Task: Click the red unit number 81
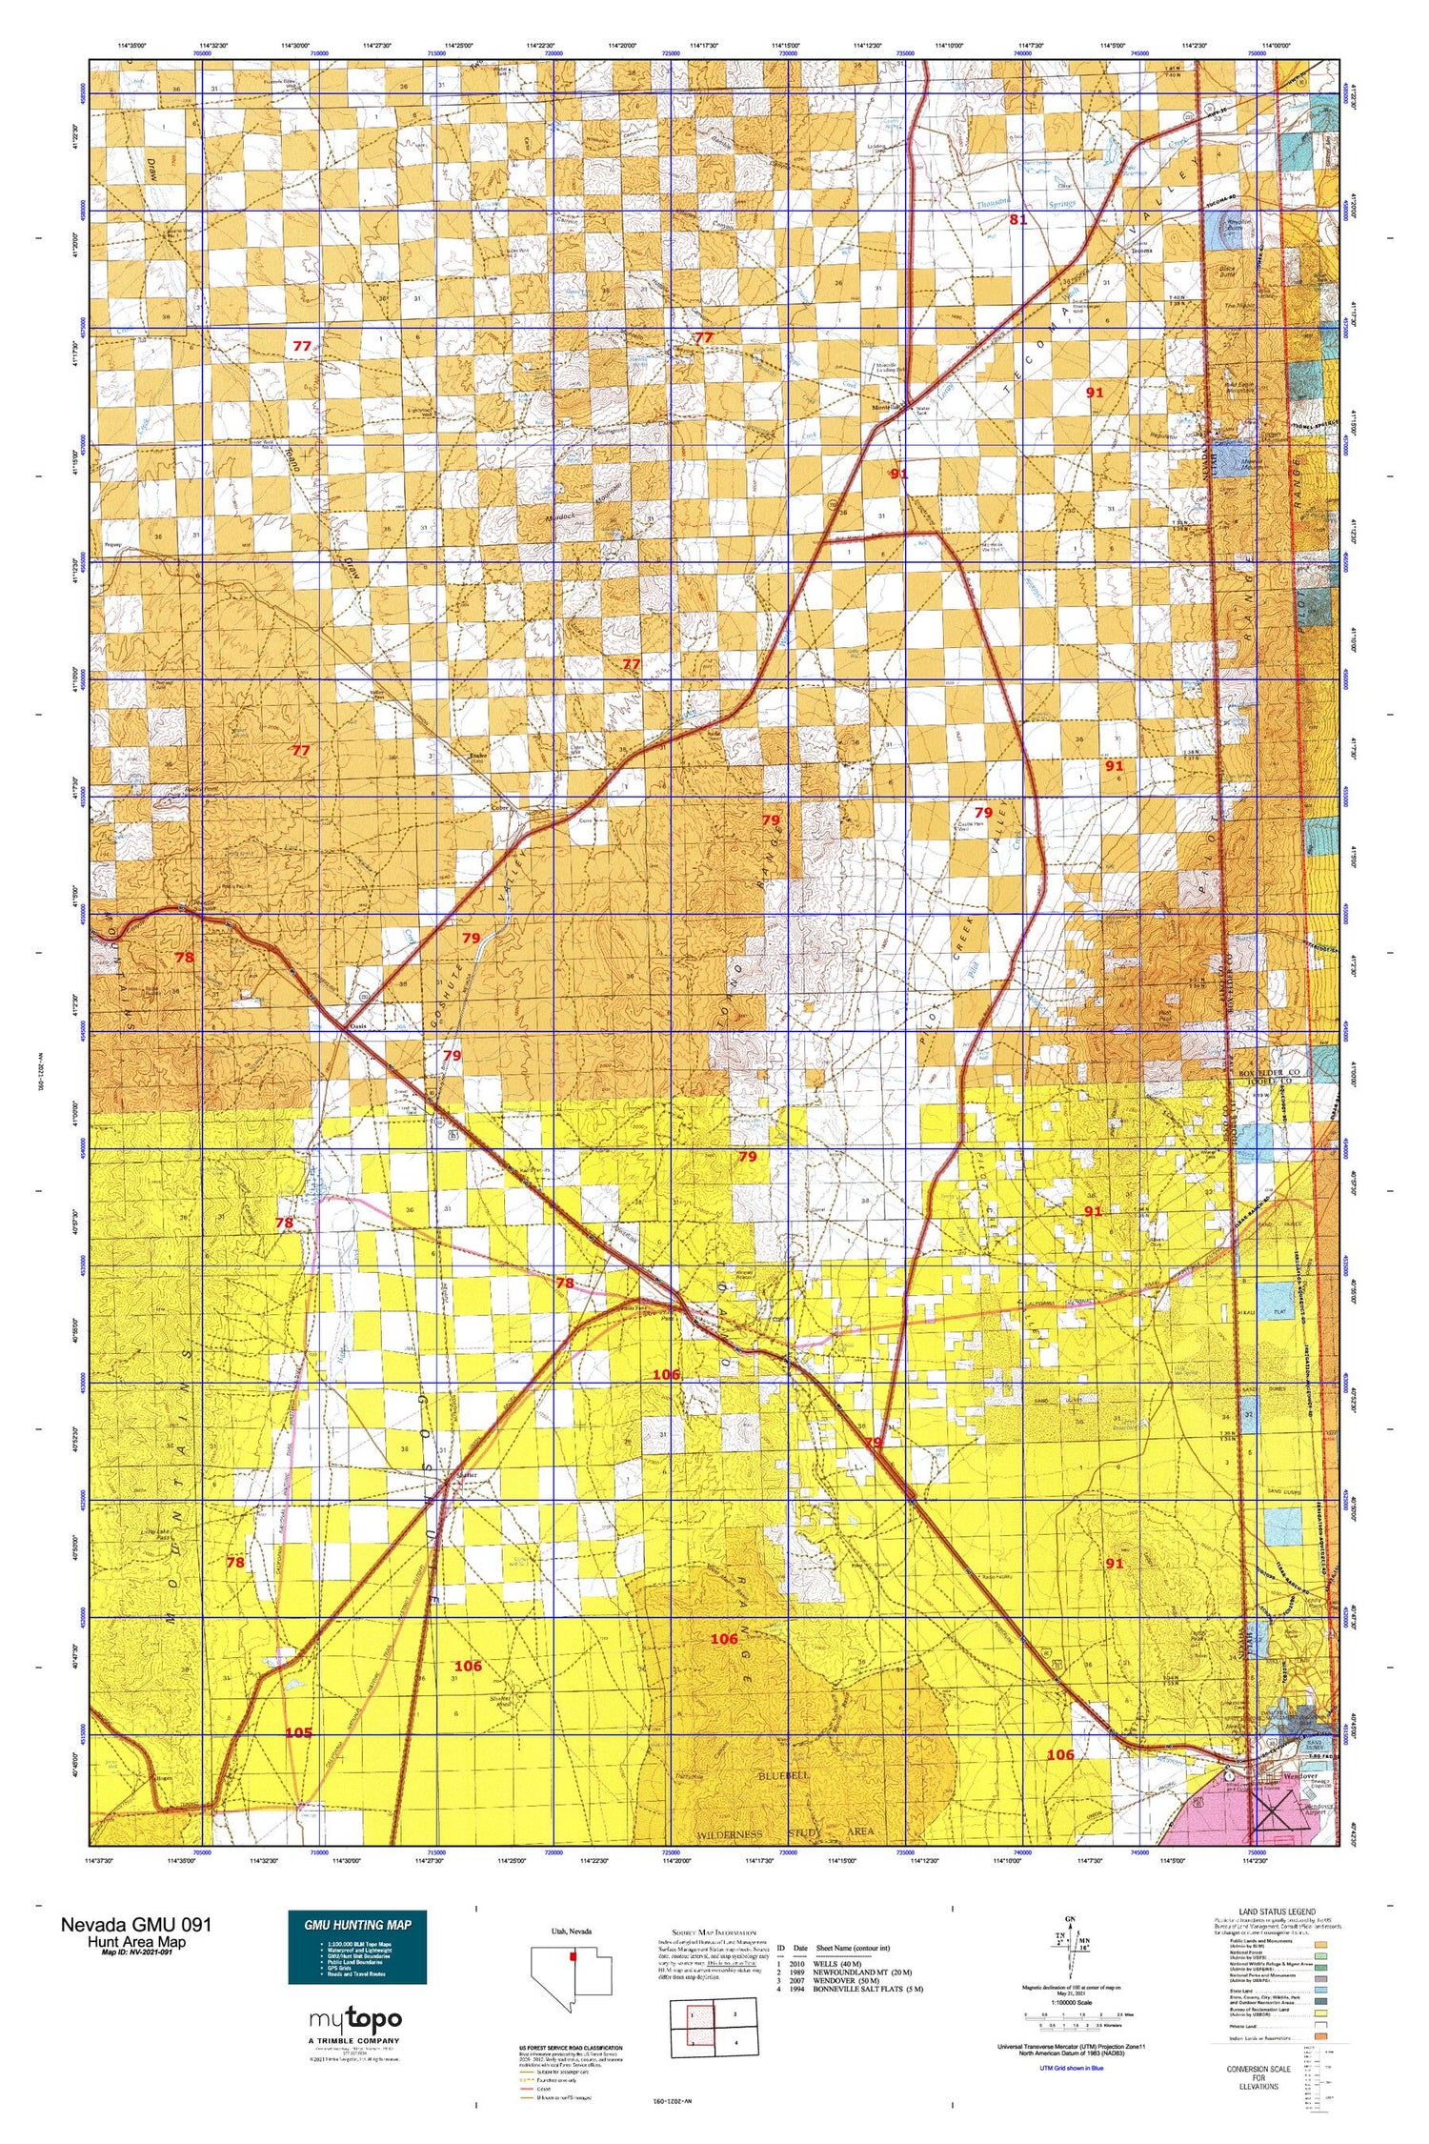tap(1017, 219)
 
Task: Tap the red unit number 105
tap(298, 1732)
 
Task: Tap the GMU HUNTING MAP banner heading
tap(357, 1924)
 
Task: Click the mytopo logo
tap(355, 2019)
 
